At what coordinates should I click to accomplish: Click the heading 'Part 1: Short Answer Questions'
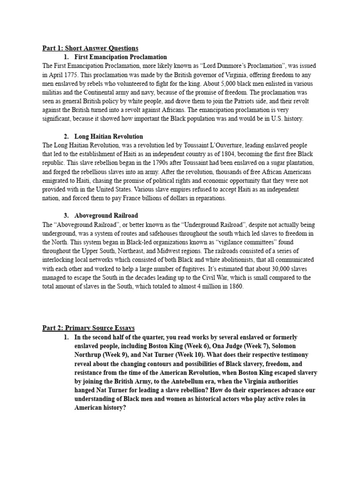click(90, 48)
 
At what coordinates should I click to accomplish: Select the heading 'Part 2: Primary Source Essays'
click(89, 328)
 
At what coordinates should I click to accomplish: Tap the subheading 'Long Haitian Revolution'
click(109, 136)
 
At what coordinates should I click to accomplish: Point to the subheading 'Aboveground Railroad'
click(106, 216)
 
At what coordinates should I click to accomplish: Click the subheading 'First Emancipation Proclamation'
click(120, 57)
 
